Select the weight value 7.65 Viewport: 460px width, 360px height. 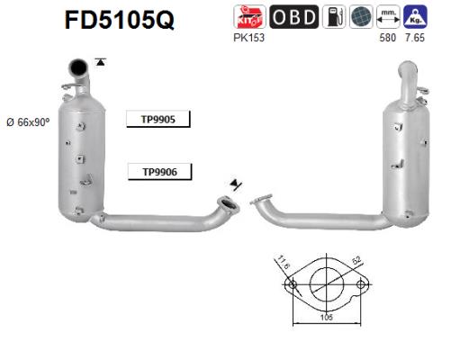click(x=415, y=37)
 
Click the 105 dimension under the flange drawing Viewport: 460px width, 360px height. click(x=327, y=318)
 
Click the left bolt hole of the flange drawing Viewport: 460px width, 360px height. click(x=291, y=286)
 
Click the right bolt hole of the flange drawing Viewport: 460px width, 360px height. click(x=361, y=286)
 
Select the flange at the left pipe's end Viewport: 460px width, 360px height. click(x=229, y=205)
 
